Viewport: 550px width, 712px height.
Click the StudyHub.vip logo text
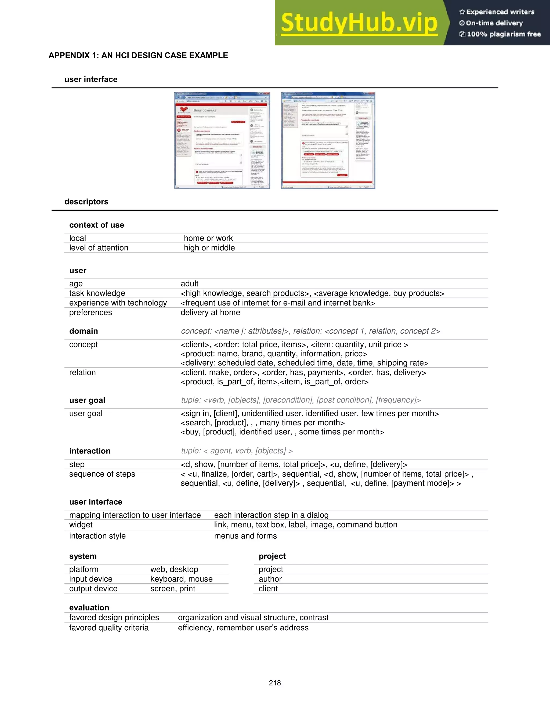coord(359,23)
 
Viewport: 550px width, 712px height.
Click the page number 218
coord(275,683)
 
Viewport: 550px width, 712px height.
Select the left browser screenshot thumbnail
coord(222,141)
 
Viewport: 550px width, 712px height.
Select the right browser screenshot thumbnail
coord(328,141)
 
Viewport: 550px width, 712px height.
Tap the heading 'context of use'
coord(96,225)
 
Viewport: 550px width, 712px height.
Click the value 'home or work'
coord(208,238)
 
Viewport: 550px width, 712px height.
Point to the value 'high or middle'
coord(209,248)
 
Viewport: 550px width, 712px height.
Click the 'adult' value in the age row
coord(189,284)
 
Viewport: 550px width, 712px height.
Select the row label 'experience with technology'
coord(118,303)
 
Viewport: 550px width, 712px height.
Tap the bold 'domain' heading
coord(84,331)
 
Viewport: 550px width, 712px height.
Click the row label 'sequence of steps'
coord(102,474)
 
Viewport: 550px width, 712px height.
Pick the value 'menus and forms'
coord(245,536)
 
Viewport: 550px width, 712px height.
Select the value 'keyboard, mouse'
coord(181,579)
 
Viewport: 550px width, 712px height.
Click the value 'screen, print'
coord(172,589)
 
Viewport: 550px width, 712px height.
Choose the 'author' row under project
coord(270,579)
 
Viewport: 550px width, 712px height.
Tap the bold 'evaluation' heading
coord(89,608)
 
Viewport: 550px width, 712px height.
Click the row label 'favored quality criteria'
coord(108,628)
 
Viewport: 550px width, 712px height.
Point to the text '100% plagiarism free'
coord(504,34)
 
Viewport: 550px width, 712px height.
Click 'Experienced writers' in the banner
coord(500,12)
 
